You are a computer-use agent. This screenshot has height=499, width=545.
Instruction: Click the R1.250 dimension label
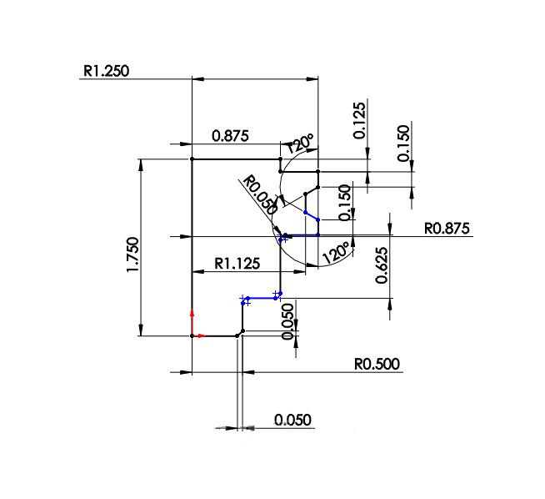pyautogui.click(x=106, y=71)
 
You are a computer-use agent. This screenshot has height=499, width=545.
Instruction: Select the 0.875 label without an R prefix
pyautogui.click(x=230, y=136)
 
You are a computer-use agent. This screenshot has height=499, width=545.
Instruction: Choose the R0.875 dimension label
pyautogui.click(x=447, y=228)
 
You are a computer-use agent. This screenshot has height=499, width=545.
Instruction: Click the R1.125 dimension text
pyautogui.click(x=237, y=264)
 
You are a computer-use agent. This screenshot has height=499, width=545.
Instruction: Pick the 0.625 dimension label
pyautogui.click(x=382, y=265)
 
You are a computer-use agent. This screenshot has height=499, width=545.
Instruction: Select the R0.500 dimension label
pyautogui.click(x=377, y=364)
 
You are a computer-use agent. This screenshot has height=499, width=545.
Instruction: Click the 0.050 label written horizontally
pyautogui.click(x=292, y=420)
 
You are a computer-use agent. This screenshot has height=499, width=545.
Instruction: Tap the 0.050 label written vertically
pyautogui.click(x=288, y=322)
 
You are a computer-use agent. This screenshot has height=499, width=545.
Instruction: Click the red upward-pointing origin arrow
pyautogui.click(x=192, y=319)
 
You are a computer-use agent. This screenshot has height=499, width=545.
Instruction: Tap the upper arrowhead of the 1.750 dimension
pyautogui.click(x=140, y=164)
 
